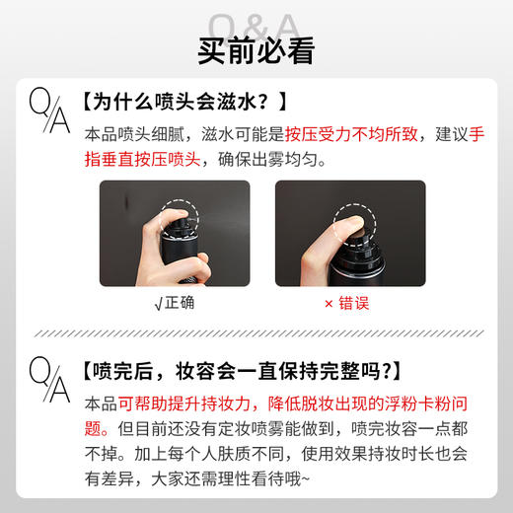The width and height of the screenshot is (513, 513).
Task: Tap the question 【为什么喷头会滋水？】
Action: pyautogui.click(x=185, y=101)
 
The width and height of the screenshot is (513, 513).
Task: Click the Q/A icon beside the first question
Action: pyautogui.click(x=50, y=110)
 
